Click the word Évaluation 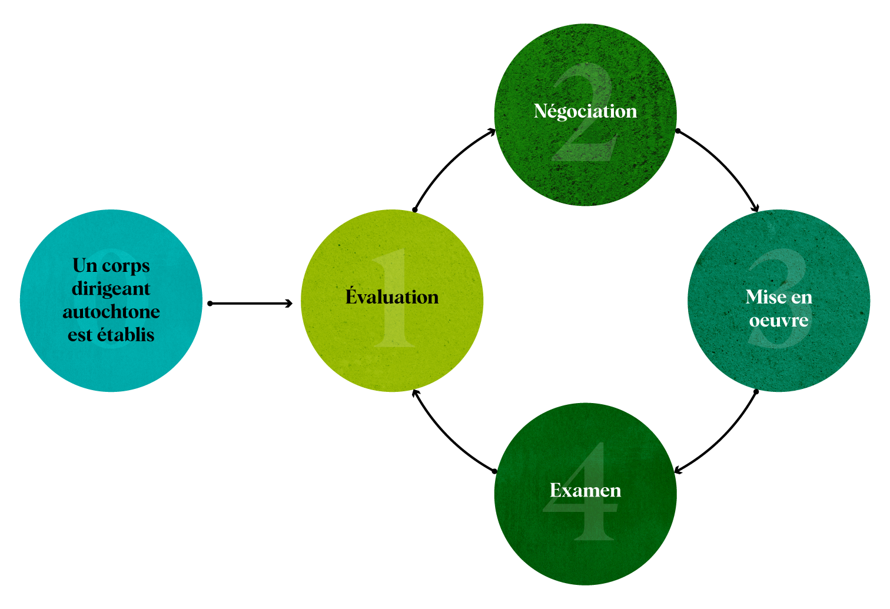coord(392,297)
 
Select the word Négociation coord(585,111)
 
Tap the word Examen coord(585,490)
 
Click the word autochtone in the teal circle coord(111,311)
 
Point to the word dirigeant coord(111,289)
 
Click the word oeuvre coord(778,321)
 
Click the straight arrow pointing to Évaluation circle coord(250,304)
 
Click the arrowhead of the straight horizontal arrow coord(289,304)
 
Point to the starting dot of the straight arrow coord(210,304)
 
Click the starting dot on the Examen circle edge coord(494,471)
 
